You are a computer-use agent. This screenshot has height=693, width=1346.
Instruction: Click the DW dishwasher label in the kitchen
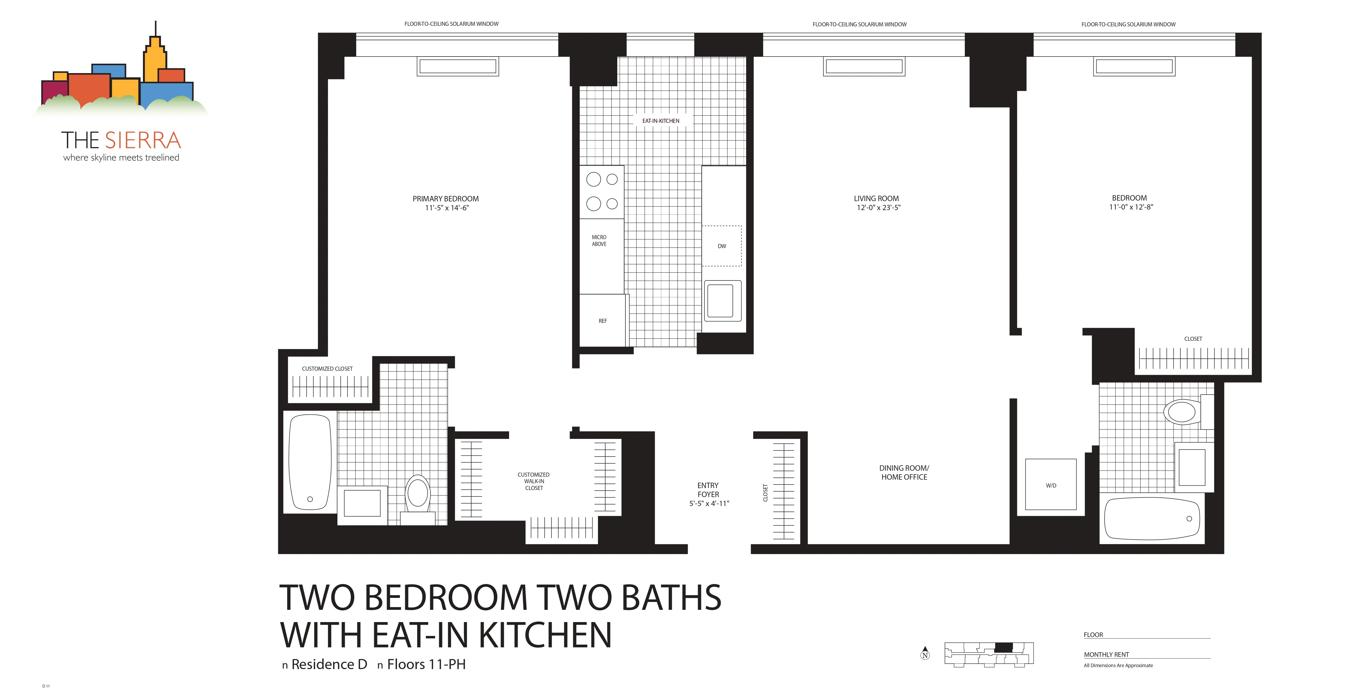pyautogui.click(x=722, y=246)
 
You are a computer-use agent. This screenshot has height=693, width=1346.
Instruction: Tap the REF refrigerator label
pyautogui.click(x=603, y=321)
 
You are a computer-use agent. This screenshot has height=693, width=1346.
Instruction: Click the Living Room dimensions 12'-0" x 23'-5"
pyautogui.click(x=878, y=207)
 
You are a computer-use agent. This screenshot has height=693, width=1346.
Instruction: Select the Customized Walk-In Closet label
pyautogui.click(x=534, y=481)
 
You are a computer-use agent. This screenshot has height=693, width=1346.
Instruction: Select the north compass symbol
pyautogui.click(x=925, y=653)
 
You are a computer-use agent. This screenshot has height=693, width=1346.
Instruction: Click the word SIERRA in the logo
pyautogui.click(x=143, y=141)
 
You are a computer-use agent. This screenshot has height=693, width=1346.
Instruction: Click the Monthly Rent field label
pyautogui.click(x=1106, y=654)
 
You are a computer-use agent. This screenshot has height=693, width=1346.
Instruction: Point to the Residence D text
pyautogui.click(x=329, y=664)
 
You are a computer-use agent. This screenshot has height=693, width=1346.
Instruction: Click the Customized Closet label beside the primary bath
pyautogui.click(x=327, y=369)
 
